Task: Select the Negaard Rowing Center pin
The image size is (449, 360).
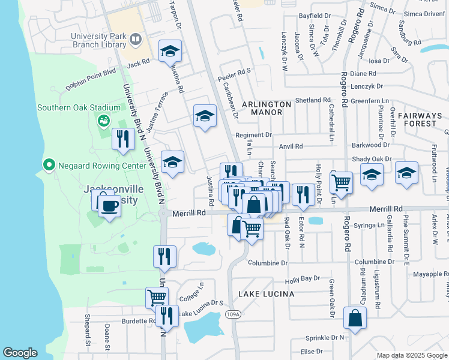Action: (x=48, y=164)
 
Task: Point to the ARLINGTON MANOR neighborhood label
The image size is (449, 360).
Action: (x=266, y=108)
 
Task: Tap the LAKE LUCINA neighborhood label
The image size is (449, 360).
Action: (x=266, y=294)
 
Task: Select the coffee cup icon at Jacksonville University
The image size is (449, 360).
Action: (x=109, y=206)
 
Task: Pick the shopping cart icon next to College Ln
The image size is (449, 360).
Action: (x=157, y=296)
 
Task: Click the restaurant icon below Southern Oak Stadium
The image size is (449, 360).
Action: (x=123, y=139)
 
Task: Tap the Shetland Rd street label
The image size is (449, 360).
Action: (x=313, y=100)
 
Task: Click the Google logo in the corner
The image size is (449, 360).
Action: (x=20, y=353)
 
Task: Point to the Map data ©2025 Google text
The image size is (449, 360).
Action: (x=411, y=355)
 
